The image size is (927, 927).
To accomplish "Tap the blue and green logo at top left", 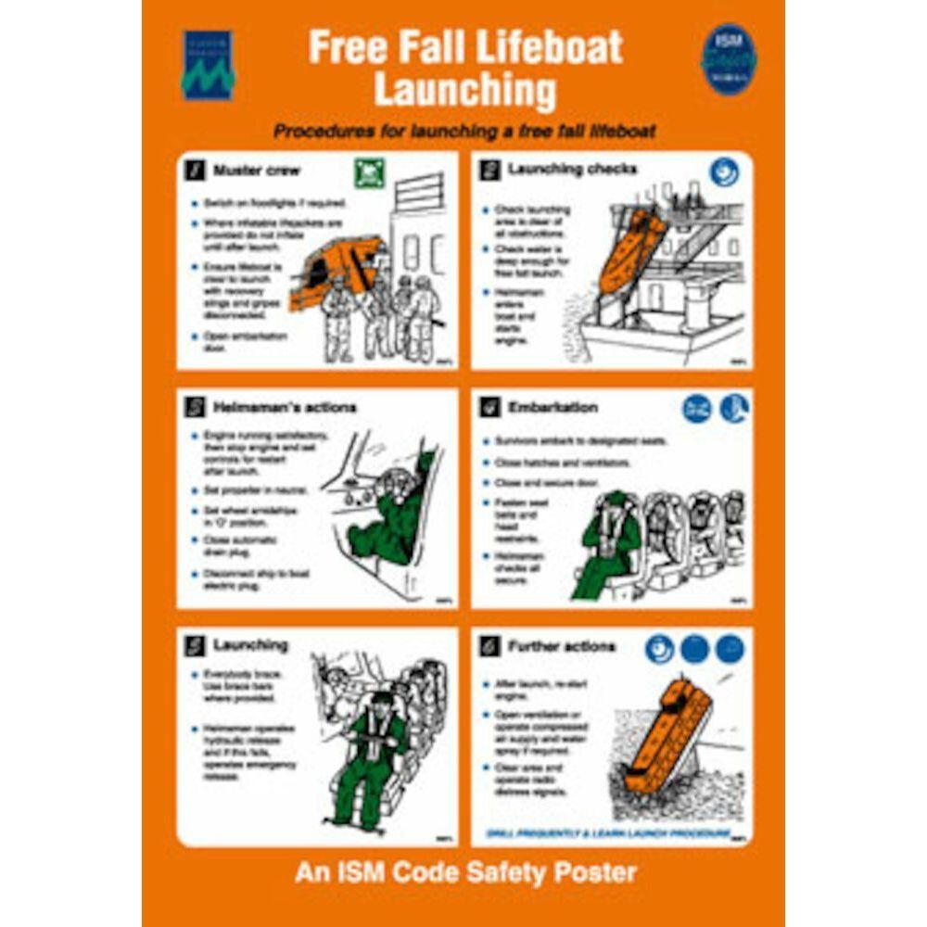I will coord(208,65).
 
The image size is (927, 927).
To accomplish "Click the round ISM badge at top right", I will coord(729,58).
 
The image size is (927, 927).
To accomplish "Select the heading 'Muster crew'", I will coord(257,171).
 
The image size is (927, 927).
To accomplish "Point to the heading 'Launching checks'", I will coord(571,169).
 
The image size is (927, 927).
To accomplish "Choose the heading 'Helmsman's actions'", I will coord(284,407).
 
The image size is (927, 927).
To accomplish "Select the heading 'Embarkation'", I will coord(552,407).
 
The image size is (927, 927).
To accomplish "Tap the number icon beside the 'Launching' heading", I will coord(196,645).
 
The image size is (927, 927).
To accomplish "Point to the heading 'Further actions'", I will coord(560,645).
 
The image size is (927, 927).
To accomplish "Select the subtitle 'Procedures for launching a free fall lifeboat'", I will coord(463,132).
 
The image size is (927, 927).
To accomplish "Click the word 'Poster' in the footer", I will coord(592,872).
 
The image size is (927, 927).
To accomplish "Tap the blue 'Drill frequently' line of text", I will coord(607,833).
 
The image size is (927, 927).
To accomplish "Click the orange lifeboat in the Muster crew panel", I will coord(338,269).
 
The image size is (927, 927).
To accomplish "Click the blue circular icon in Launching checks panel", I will coord(724,171).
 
